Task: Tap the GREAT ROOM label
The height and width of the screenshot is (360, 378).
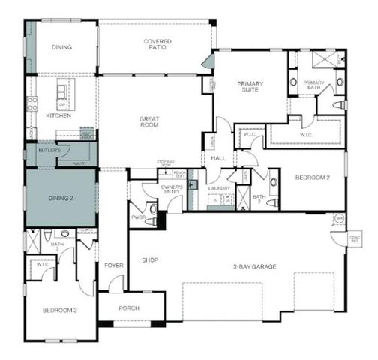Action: [x=154, y=123]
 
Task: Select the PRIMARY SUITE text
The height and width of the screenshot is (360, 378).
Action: [x=252, y=87]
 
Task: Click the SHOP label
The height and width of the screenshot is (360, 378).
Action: [x=150, y=260]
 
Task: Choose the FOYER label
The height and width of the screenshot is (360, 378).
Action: [x=113, y=264]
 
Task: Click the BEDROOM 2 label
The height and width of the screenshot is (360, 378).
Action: [x=311, y=178]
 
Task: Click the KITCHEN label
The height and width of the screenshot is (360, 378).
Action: [x=58, y=116]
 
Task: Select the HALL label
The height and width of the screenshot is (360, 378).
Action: [x=218, y=158]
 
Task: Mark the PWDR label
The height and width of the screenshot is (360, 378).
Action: [x=138, y=217]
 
